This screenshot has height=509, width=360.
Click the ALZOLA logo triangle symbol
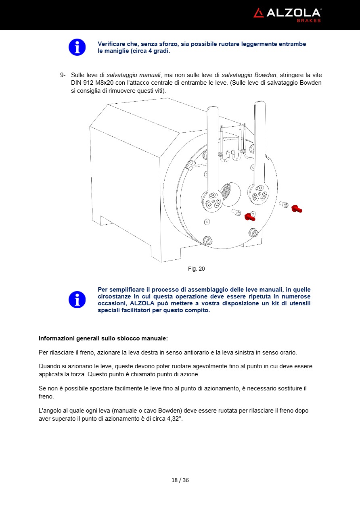258,13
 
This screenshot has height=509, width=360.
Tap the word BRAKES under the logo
309,21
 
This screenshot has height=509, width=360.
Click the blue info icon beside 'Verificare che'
77,47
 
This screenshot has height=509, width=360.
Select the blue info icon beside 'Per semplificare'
77,300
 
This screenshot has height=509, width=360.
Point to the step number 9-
63,75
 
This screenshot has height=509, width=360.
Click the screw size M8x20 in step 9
99,83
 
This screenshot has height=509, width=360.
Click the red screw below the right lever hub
249,218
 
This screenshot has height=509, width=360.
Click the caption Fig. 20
196,269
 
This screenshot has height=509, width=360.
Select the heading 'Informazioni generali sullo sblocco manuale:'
103,338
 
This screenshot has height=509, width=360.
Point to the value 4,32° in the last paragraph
174,419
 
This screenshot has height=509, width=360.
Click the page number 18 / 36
180,480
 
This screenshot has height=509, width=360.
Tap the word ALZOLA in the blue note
145,303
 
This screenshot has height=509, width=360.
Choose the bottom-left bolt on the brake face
209,241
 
